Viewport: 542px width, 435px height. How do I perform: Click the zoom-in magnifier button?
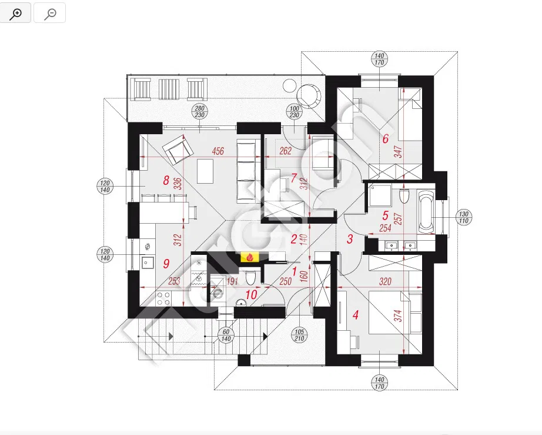pyautogui.click(x=16, y=12)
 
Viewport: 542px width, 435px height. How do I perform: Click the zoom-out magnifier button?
pyautogui.click(x=50, y=12)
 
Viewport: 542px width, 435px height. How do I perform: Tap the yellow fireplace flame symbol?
pyautogui.click(x=250, y=257)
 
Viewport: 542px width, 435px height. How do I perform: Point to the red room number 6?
pyautogui.click(x=386, y=140)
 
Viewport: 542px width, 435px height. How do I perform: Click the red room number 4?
pyautogui.click(x=355, y=315)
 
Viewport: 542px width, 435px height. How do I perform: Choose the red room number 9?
pyautogui.click(x=166, y=263)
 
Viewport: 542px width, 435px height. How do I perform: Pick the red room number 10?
pyautogui.click(x=252, y=295)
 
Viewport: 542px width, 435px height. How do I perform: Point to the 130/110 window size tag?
pyautogui.click(x=464, y=216)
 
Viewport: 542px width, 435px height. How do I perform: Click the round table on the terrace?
pyautogui.click(x=309, y=94)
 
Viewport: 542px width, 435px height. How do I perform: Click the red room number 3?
pyautogui.click(x=349, y=239)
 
